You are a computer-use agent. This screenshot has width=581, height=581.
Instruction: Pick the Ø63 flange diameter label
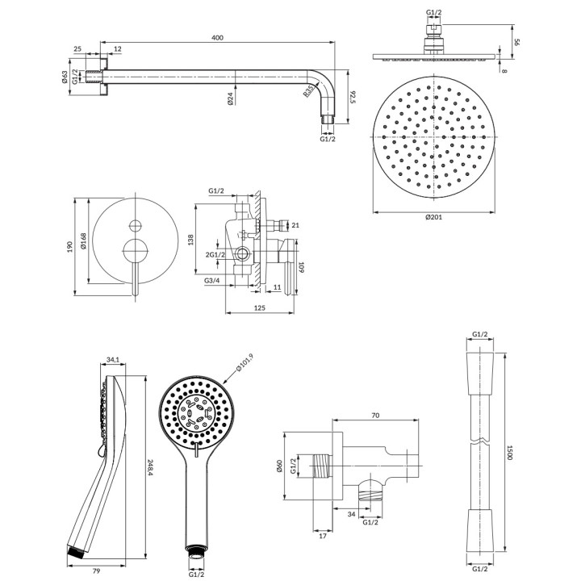pyautogui.click(x=64, y=78)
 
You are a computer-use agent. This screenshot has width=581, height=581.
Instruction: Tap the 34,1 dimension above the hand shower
pyautogui.click(x=113, y=361)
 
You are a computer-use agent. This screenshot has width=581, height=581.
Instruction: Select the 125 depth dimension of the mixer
pyautogui.click(x=260, y=307)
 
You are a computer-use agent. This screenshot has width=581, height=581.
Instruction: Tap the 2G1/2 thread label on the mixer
pyautogui.click(x=215, y=255)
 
